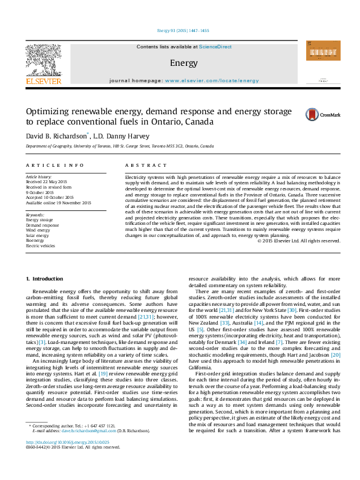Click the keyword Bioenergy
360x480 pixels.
[36, 241]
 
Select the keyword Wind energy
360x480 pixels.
[38, 230]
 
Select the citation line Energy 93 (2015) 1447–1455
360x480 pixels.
[180, 30]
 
